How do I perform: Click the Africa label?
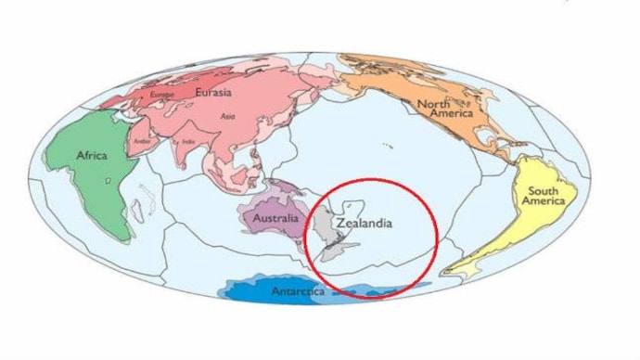click(93, 155)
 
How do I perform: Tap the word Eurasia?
click(213, 92)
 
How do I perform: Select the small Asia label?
click(227, 116)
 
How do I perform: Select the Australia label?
click(275, 219)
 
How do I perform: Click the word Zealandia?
click(365, 224)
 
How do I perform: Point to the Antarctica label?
click(298, 292)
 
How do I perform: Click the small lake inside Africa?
click(109, 180)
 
